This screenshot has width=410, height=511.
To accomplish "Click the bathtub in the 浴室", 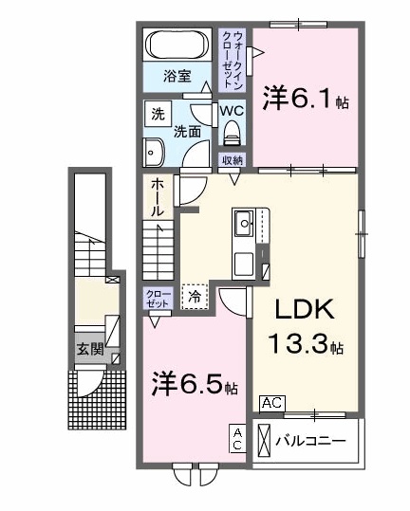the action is coord(177,45).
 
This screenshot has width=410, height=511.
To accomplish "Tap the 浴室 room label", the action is coord(177,76).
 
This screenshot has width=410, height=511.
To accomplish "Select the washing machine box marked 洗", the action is coord(158,114).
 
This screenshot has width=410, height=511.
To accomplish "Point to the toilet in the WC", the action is coord(233,134).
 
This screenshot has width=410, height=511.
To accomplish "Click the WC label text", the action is coord(232,111).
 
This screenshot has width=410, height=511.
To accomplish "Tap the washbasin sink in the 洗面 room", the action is coord(154,153).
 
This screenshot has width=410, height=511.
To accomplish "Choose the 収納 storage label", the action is coord(233,160).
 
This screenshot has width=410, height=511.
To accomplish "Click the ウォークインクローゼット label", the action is coord(233,60).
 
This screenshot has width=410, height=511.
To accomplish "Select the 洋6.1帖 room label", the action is coord(307,98).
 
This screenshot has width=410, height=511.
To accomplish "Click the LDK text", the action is coord(305,310).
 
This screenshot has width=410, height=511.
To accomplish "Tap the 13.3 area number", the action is coord(297,343).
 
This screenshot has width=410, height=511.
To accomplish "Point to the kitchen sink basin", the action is coord(244,223).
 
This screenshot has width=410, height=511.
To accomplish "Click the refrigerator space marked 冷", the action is coord(196,296).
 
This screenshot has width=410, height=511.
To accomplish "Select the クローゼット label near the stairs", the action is coord(158,299).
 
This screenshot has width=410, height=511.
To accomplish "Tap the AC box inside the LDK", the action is coord(272,404).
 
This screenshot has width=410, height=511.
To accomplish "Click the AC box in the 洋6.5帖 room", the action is coord(237,438).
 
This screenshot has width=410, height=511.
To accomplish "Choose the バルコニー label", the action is coord(310,441).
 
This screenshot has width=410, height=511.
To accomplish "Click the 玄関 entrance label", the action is coord(90,349).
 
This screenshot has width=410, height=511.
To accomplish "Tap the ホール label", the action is coord(158,197).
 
